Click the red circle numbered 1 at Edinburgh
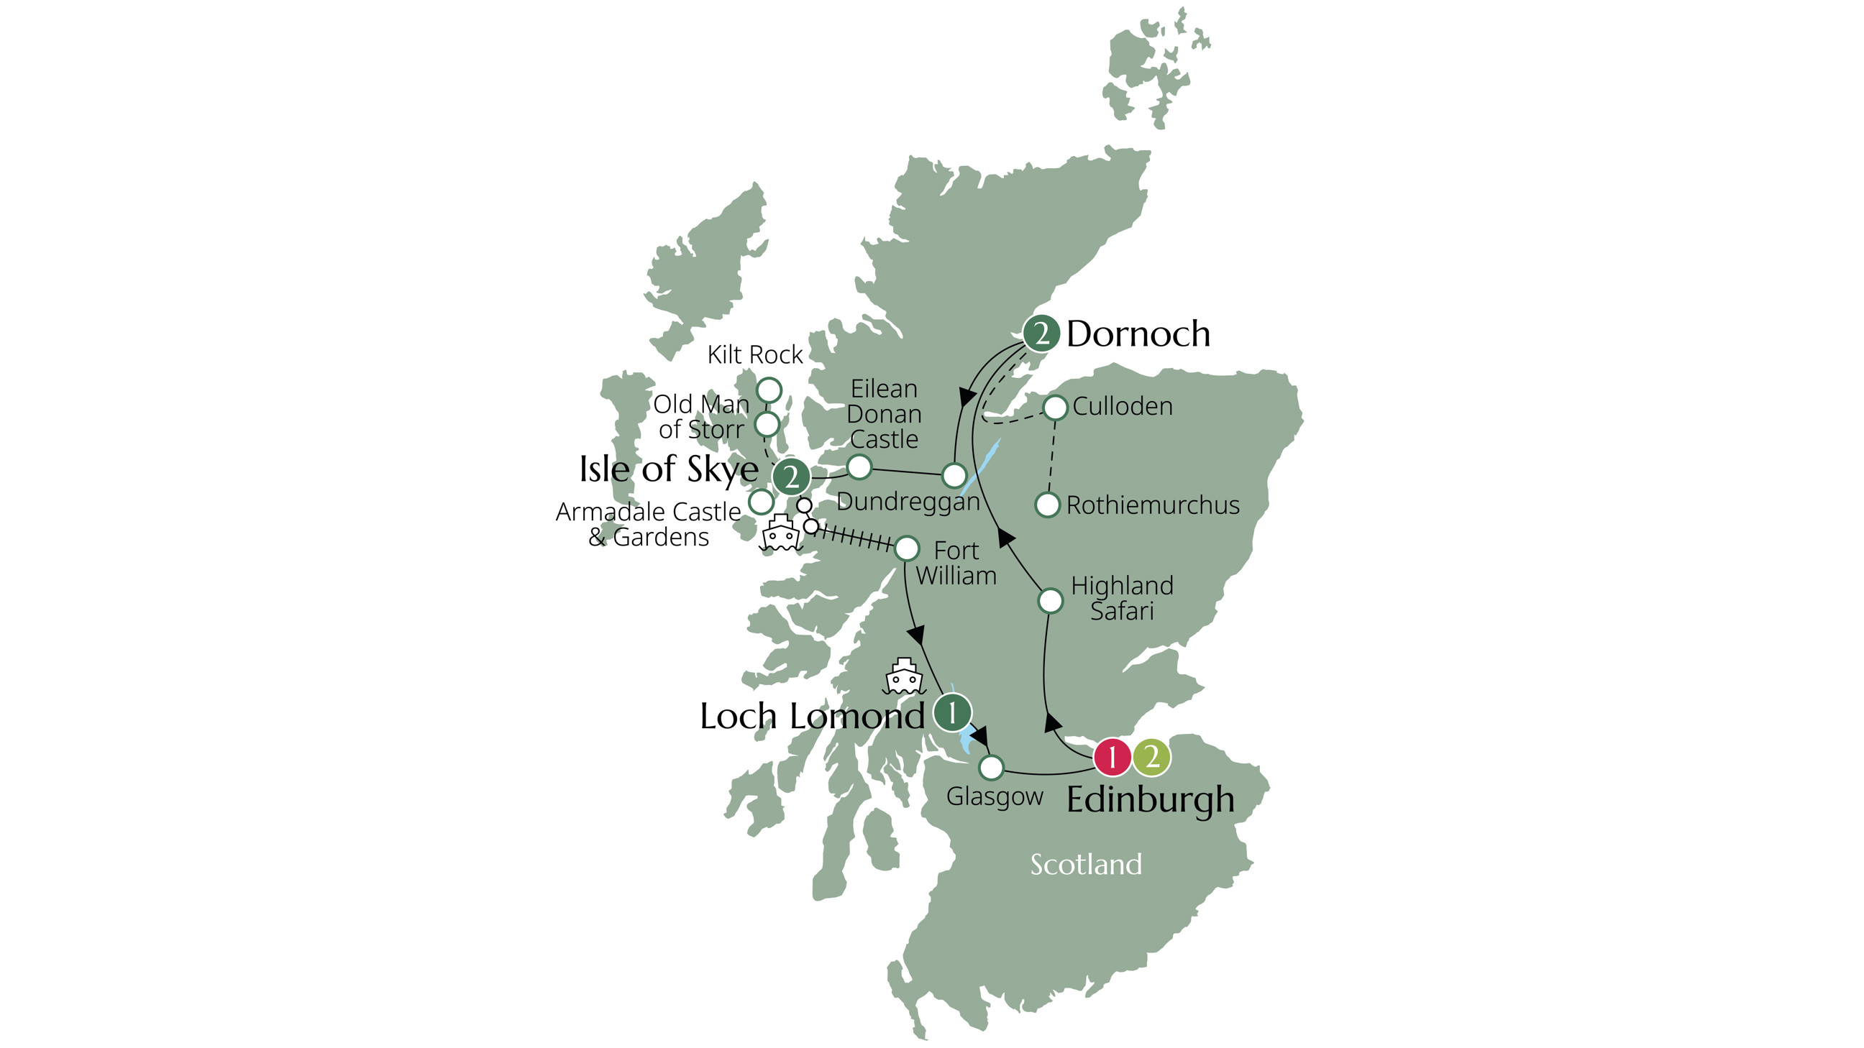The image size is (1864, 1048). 1112,758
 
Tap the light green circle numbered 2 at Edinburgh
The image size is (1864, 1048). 1151,758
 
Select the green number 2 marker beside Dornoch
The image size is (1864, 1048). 1041,334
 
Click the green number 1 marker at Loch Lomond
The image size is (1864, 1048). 951,712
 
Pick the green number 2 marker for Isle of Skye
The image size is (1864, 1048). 791,477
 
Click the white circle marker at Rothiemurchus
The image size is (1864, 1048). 1047,505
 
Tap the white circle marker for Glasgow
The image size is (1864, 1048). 992,767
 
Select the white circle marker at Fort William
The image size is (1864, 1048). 907,549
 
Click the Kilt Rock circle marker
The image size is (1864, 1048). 769,390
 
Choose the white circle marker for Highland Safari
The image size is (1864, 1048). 1051,600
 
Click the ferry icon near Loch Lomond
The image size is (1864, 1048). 905,677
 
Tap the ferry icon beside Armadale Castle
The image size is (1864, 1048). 781,534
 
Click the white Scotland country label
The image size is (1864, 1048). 1085,864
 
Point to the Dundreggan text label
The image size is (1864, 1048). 908,502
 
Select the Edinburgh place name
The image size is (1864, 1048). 1151,800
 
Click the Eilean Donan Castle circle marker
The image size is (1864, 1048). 859,467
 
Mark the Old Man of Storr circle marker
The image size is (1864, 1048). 767,425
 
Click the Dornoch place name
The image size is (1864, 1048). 1138,334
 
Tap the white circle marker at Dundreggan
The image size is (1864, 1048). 954,476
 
